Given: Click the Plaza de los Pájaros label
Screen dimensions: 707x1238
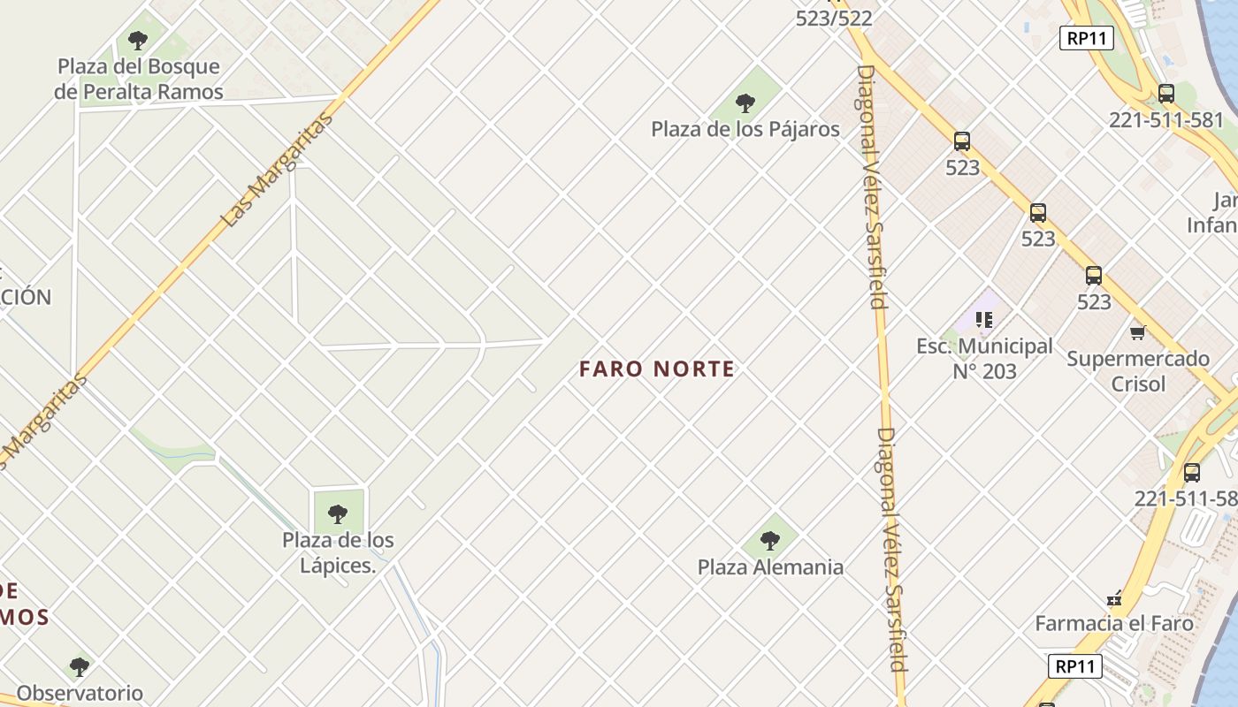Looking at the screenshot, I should [745, 129].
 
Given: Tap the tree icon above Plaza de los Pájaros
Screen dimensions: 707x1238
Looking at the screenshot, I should [745, 103].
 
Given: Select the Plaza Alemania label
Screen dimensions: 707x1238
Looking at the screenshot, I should [770, 567].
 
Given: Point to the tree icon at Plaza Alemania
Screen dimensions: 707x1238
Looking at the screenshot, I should [770, 540].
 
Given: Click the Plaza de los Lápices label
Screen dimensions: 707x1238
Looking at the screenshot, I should [338, 552].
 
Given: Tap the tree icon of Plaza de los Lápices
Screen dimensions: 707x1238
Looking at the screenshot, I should [337, 513].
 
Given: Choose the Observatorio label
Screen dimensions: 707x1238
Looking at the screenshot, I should [80, 693].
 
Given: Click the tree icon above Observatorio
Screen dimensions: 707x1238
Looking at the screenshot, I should [80, 665].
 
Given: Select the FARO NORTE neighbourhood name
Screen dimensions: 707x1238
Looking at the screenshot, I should [657, 369].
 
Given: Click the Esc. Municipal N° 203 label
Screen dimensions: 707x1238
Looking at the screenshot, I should [984, 359].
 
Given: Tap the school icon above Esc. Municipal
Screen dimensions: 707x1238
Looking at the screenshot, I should [984, 319].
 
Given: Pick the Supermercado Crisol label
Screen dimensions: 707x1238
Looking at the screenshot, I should [1138, 371].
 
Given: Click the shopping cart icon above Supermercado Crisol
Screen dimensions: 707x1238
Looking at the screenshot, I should [1137, 332].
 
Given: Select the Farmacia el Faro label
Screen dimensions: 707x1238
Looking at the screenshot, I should [1114, 623].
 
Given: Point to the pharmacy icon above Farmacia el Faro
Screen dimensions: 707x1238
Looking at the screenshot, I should [1114, 598].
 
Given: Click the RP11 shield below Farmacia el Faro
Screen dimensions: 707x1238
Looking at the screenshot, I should [1076, 666].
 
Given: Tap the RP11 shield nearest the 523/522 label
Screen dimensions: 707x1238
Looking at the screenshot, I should [1086, 38].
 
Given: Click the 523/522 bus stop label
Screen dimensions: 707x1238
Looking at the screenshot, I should [834, 18].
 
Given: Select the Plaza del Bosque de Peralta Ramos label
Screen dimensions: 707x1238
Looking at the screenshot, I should [138, 79].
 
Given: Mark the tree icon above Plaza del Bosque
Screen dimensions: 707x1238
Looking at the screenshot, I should [137, 40].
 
